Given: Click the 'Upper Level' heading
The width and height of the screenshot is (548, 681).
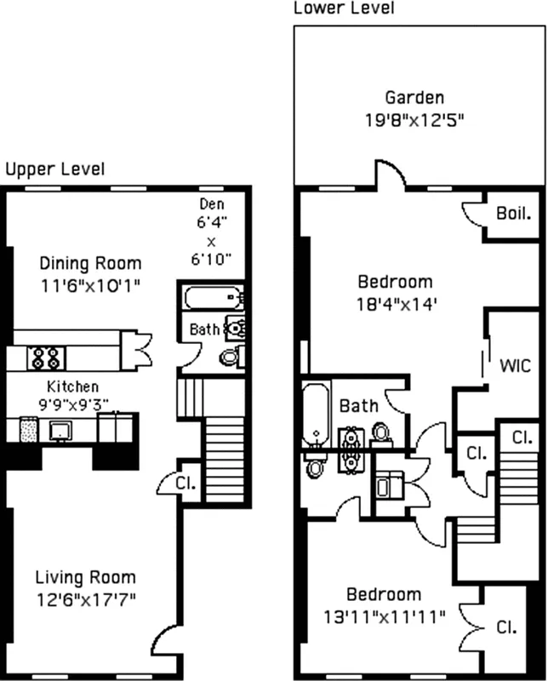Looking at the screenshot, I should [55, 169].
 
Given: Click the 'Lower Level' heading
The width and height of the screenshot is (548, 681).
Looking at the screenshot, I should [344, 9].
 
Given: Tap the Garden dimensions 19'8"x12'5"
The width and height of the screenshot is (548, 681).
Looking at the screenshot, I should [414, 120].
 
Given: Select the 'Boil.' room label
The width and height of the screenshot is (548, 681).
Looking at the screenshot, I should [513, 213].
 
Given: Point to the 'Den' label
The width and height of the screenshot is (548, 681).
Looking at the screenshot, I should [212, 204].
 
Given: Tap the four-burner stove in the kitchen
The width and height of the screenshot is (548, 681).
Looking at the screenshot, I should [43, 358].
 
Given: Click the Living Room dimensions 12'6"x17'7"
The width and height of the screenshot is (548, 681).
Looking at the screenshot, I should [85, 598].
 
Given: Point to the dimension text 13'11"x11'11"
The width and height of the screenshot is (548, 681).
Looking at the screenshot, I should [383, 615].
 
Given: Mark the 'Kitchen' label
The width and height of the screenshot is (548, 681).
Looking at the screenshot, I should [72, 386].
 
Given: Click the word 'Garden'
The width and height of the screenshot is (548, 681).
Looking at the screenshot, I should [414, 98].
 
